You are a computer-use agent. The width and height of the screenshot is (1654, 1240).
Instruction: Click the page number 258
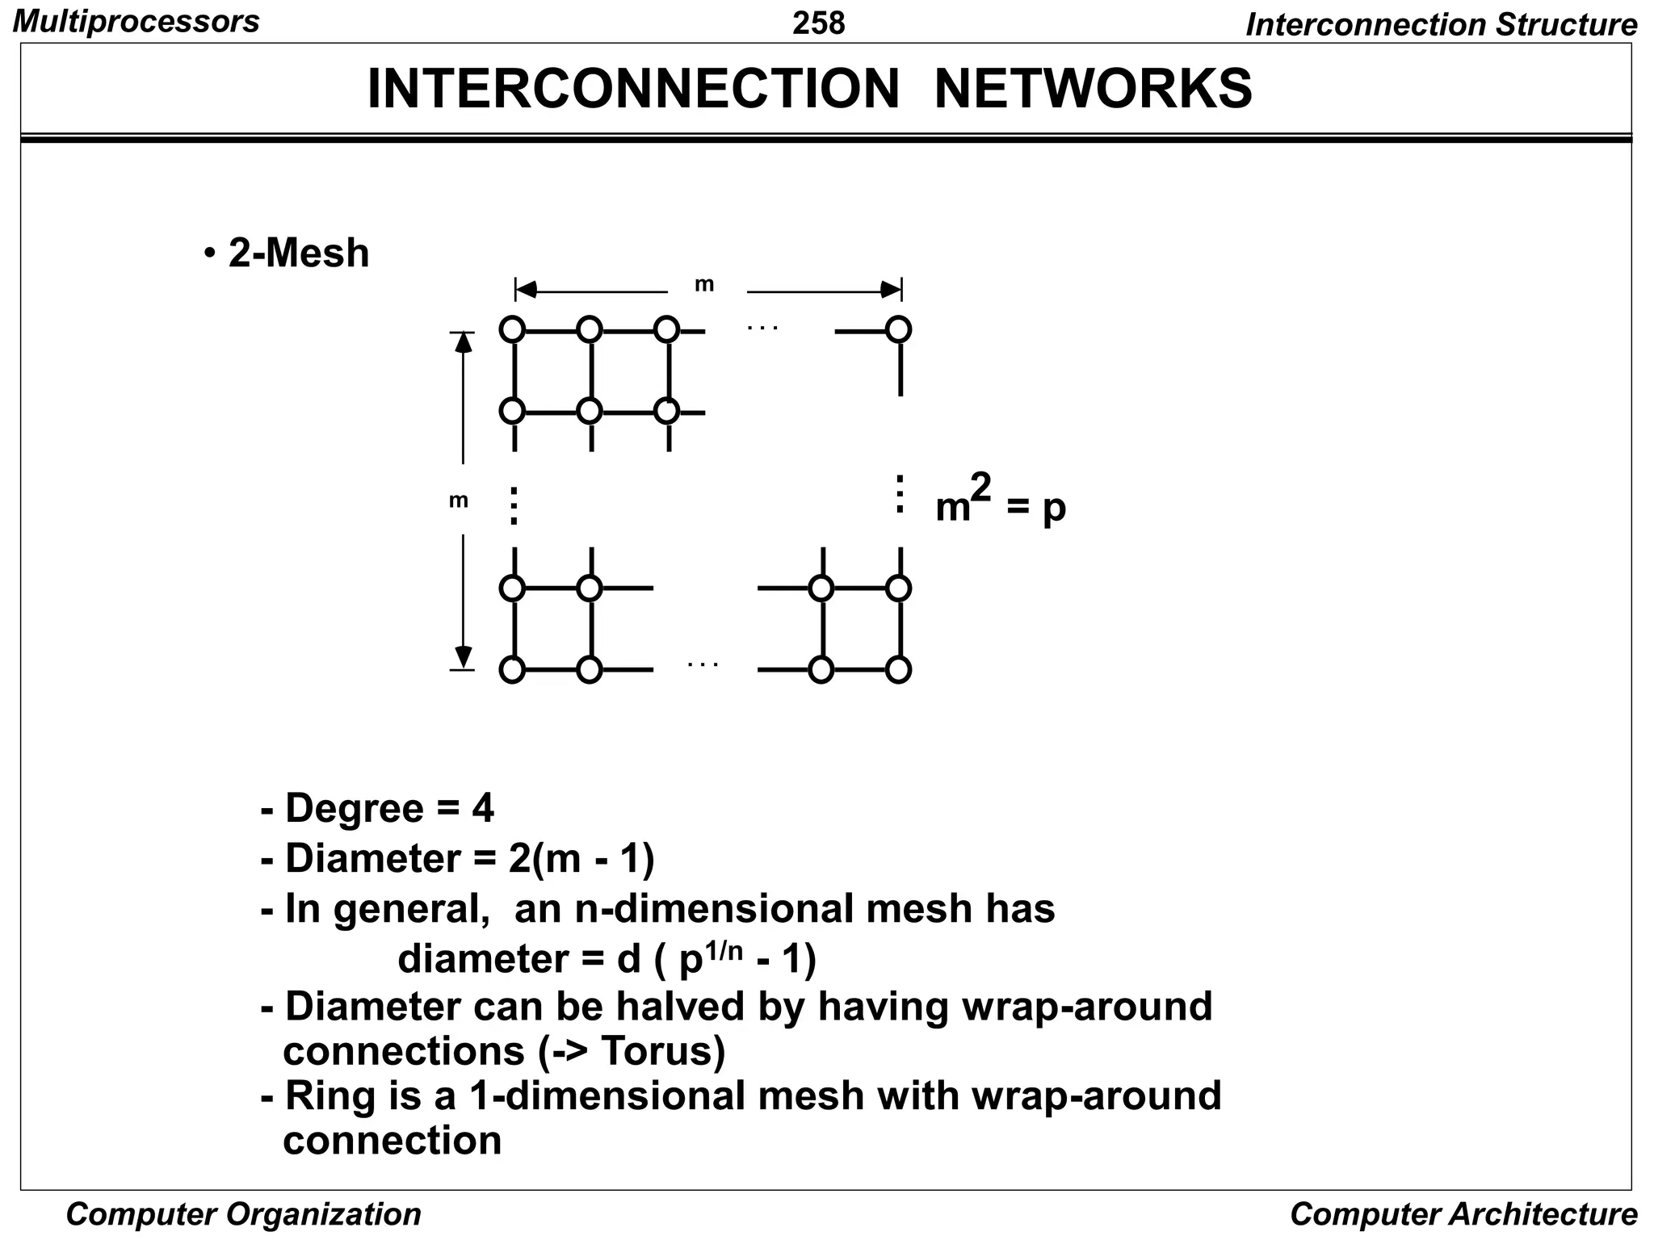pos(818,23)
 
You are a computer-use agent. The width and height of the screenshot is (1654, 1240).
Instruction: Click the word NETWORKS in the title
pos(1093,88)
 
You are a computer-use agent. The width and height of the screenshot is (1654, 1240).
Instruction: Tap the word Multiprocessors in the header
pos(136,21)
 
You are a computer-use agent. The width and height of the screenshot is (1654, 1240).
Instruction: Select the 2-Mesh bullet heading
pos(298,253)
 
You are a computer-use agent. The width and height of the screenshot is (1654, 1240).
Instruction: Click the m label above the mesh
pos(704,284)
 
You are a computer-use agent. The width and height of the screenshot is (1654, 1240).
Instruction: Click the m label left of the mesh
pos(458,501)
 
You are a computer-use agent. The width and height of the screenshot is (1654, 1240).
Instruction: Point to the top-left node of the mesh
pos(512,329)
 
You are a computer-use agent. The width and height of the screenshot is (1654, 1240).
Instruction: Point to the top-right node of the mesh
pos(898,329)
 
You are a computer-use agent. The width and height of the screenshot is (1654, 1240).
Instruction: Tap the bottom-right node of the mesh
pos(898,670)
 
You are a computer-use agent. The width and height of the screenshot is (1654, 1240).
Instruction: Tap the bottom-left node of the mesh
pos(512,670)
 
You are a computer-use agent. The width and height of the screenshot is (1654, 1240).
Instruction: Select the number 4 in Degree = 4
pos(483,808)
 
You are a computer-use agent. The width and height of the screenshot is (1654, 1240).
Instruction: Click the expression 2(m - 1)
pos(581,858)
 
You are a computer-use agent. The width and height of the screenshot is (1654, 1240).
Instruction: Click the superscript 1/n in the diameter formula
pos(724,950)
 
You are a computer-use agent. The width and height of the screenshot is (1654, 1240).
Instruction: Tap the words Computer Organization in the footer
pos(243,1214)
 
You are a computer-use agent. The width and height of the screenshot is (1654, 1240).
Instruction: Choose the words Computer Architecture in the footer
pos(1463,1214)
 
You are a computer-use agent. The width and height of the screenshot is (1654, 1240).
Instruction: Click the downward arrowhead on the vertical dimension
pos(463,656)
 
